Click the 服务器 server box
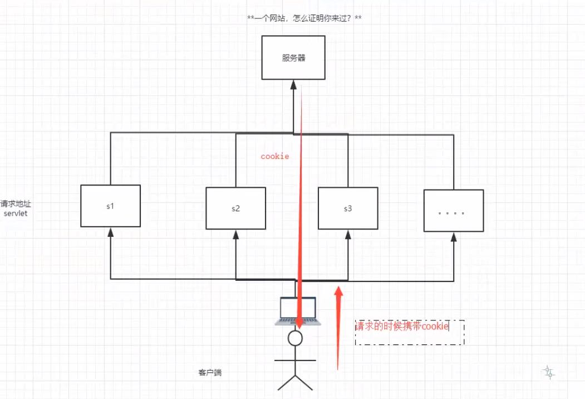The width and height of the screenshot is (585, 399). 293,57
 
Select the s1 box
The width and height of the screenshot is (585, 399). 110,206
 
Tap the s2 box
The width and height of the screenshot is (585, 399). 236,208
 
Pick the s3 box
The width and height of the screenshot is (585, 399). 348,208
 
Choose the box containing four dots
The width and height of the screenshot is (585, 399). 454,211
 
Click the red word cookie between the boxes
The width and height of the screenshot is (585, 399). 275,156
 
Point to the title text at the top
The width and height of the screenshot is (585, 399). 304,18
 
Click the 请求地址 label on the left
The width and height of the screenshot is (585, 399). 16,203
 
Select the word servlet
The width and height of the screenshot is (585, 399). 16,213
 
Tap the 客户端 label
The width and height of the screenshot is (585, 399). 210,372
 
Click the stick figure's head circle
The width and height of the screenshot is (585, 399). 295,338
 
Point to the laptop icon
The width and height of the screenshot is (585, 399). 298,311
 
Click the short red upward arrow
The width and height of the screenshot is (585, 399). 338,328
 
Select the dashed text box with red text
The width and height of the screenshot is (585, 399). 410,332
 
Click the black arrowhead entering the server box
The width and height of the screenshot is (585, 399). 294,85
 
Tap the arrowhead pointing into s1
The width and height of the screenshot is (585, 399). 110,232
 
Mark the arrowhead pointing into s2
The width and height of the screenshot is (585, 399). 236,235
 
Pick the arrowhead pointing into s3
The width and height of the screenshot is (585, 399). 348,235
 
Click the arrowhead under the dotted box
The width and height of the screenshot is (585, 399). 454,237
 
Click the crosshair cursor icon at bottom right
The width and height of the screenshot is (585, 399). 548,372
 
